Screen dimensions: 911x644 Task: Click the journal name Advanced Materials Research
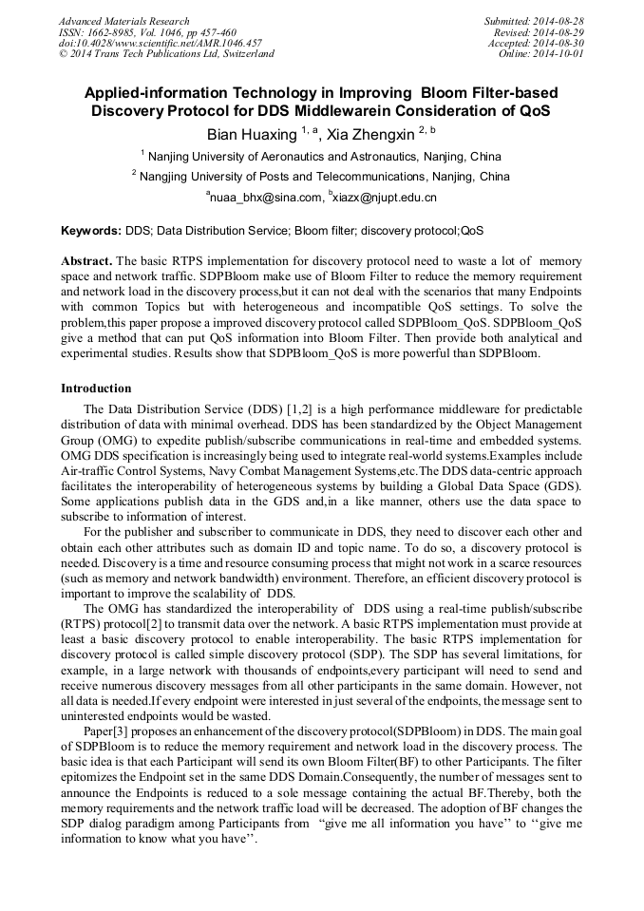pos(123,21)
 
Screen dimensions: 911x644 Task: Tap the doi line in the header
pos(160,43)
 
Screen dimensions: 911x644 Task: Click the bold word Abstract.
pos(86,260)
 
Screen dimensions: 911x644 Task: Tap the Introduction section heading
pos(96,389)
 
